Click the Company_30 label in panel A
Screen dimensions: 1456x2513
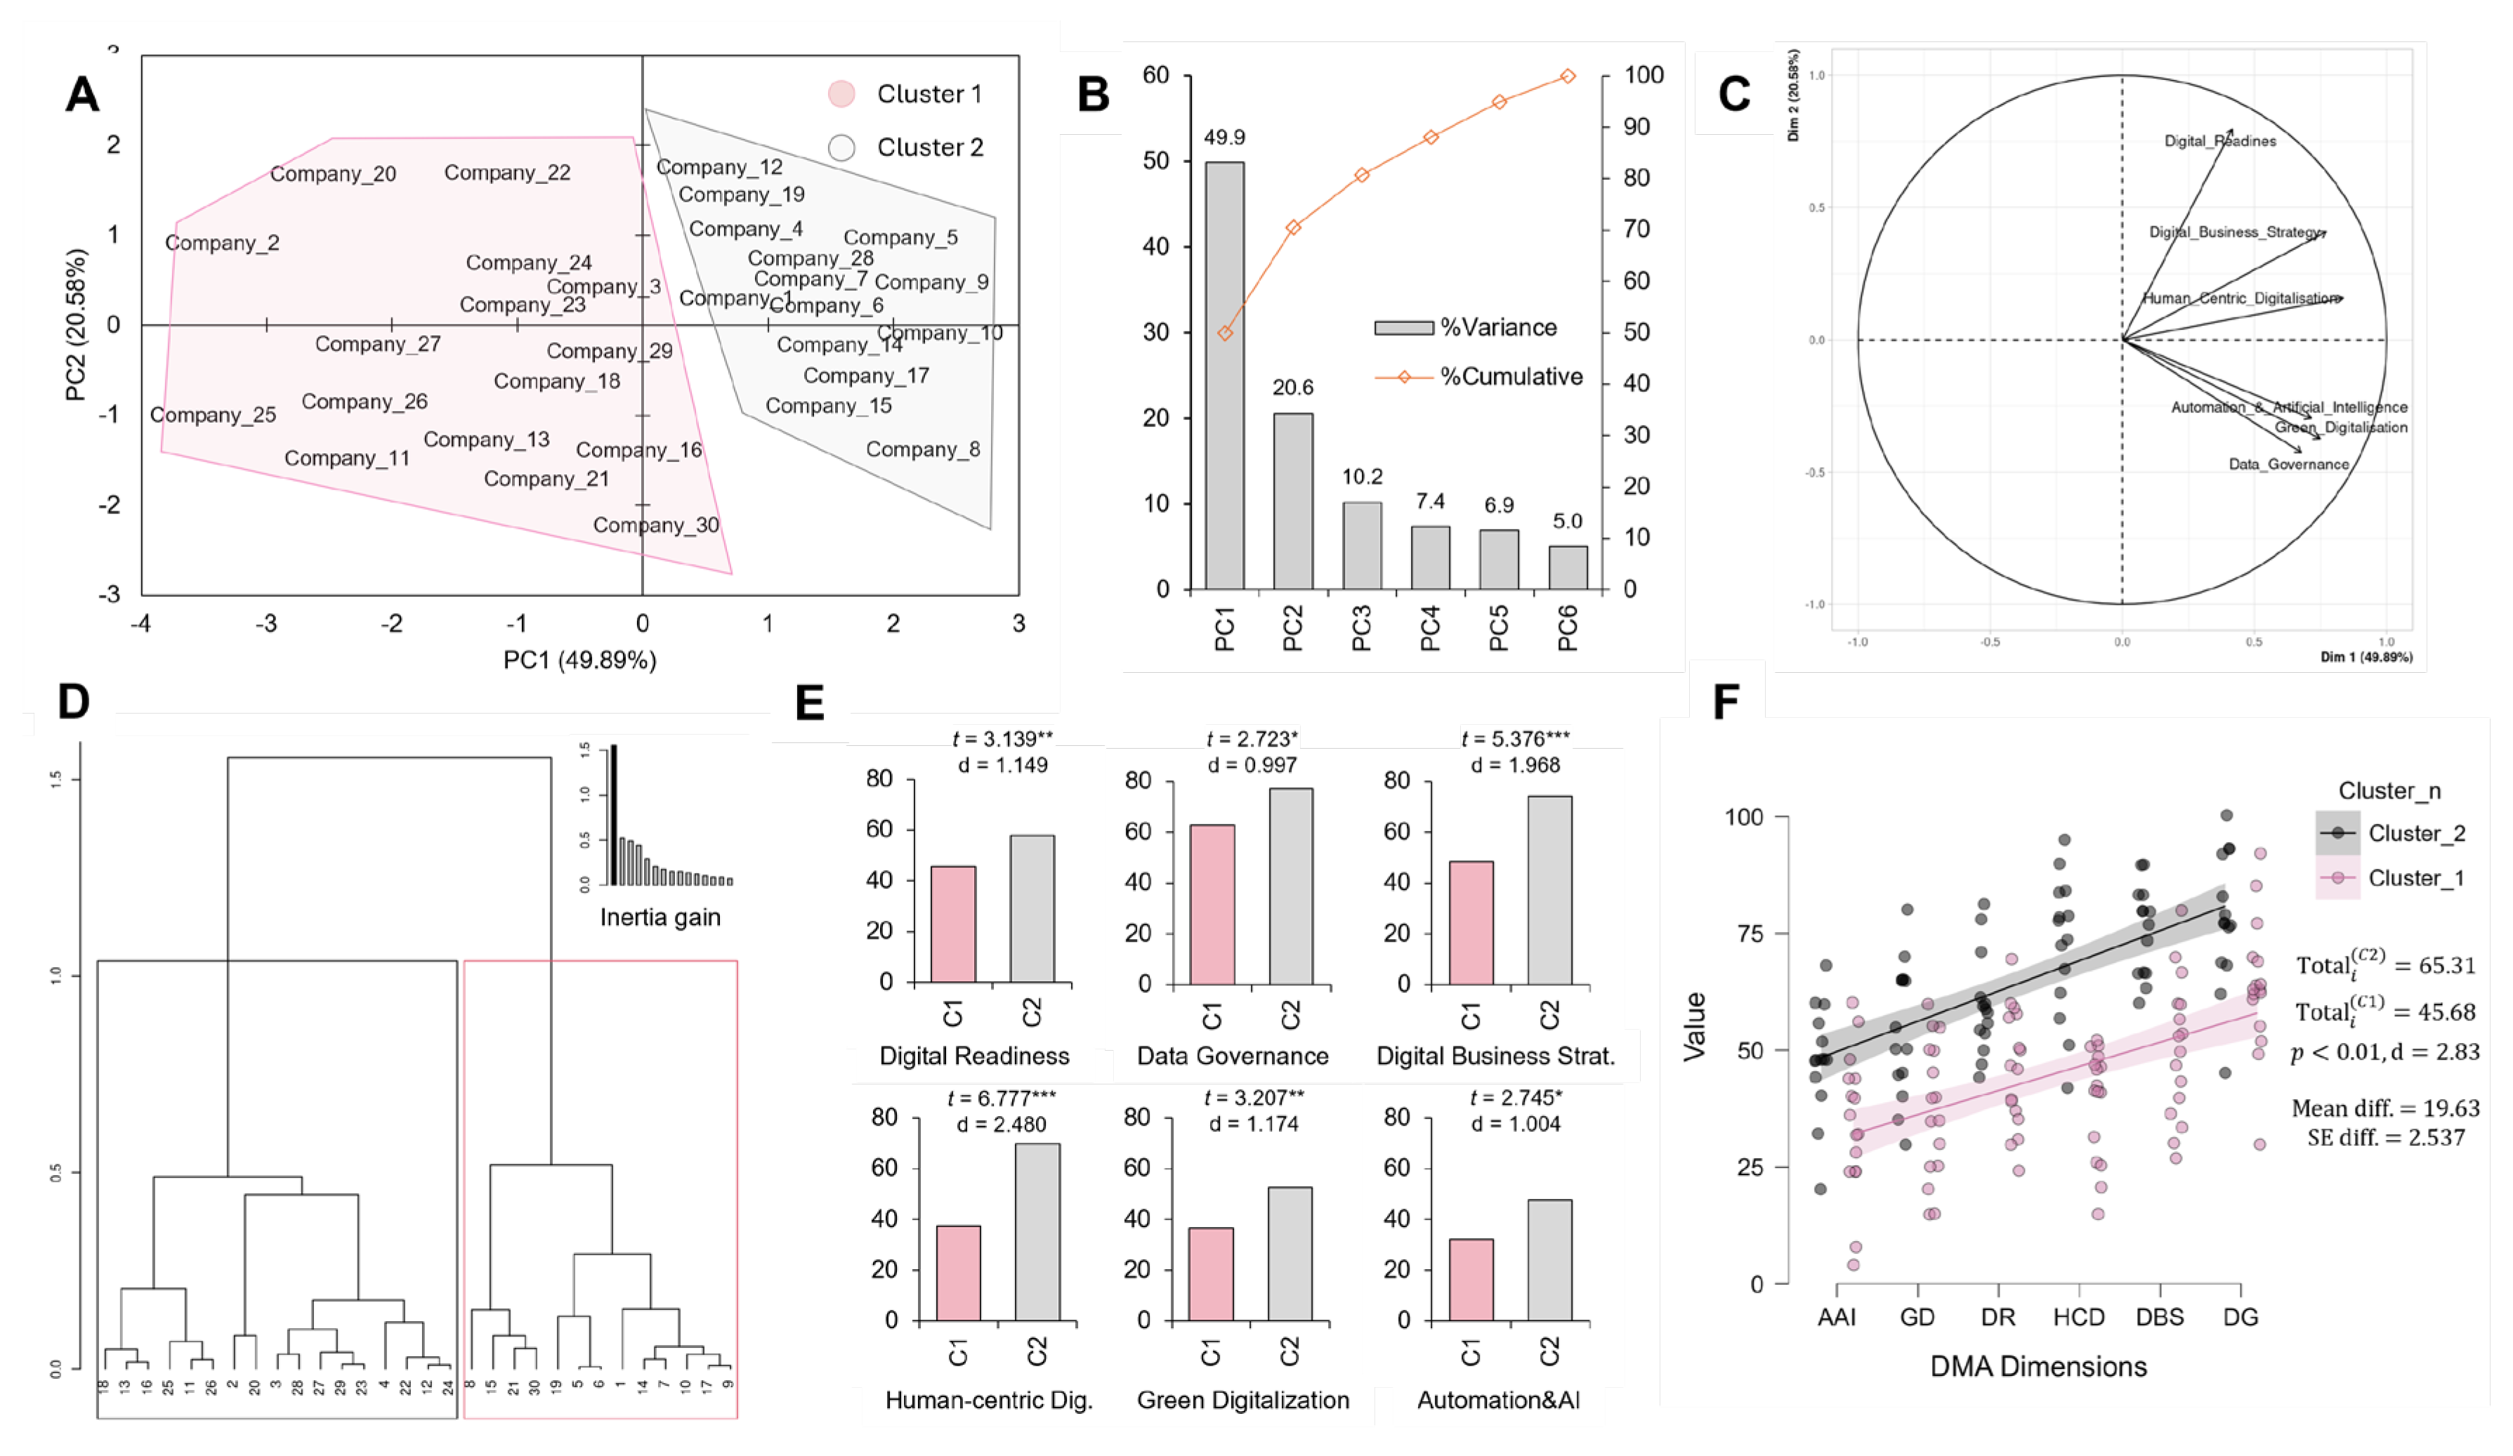(655, 525)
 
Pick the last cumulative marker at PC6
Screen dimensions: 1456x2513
(1568, 77)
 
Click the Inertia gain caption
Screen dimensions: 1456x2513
(660, 917)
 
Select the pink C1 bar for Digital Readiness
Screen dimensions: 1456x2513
(952, 924)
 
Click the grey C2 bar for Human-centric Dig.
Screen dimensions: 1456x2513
(1037, 1232)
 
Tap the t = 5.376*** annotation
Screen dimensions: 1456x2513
(1515, 739)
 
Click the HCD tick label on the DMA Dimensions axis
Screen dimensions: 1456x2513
(2078, 1318)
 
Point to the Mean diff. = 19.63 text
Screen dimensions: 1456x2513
(2384, 1108)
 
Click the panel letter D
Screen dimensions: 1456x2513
(74, 702)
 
